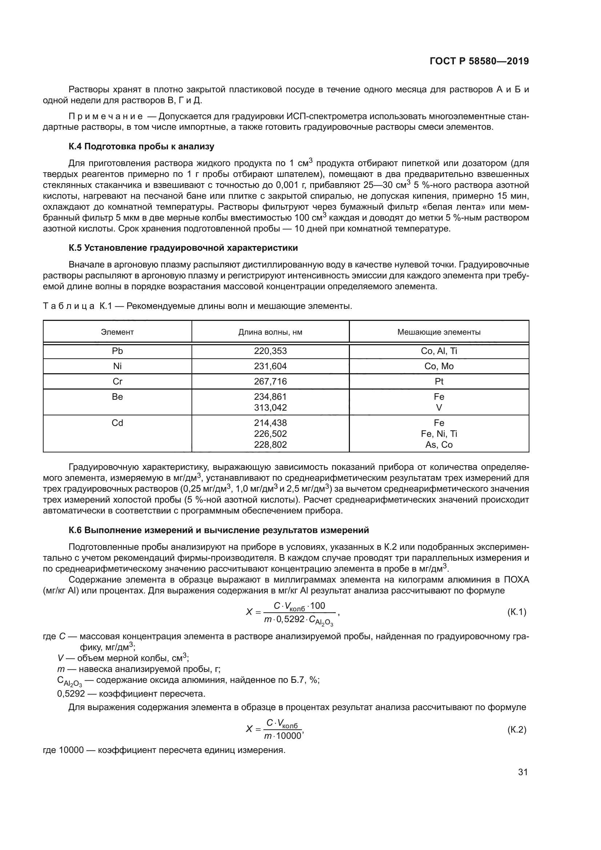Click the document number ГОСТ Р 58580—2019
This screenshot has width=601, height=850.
pyautogui.click(x=479, y=61)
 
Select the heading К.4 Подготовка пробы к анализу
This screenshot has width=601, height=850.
pyautogui.click(x=141, y=146)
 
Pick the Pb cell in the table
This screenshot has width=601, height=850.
pyautogui.click(x=117, y=351)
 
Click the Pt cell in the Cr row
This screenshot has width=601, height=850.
pyautogui.click(x=439, y=381)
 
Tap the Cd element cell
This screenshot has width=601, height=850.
pyautogui.click(x=117, y=423)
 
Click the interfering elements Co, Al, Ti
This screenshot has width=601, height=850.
pyautogui.click(x=439, y=351)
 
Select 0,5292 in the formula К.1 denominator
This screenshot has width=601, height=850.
pyautogui.click(x=291, y=619)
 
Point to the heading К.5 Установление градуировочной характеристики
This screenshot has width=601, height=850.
pyautogui.click(x=183, y=248)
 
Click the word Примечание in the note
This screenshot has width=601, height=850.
pyautogui.click(x=106, y=117)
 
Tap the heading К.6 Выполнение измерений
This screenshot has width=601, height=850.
pyautogui.click(x=219, y=530)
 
